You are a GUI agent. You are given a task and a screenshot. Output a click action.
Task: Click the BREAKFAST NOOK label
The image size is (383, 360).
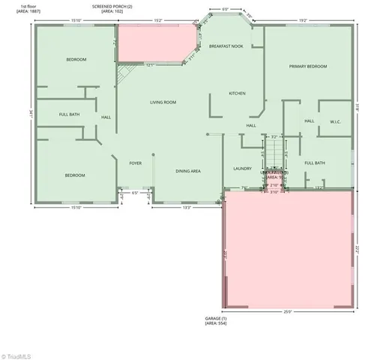pos(226,46)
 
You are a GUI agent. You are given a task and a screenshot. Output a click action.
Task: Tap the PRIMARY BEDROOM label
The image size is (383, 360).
pos(308,67)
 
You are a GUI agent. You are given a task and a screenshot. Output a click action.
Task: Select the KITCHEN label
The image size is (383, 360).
pos(237,93)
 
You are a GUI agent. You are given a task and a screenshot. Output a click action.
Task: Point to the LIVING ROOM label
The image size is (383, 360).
pos(163,102)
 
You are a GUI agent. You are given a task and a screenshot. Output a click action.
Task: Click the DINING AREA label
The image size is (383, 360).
pos(187,171)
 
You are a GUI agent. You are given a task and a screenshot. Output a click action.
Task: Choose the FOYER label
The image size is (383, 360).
pos(136,163)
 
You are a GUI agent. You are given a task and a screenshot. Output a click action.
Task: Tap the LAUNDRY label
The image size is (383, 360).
pos(241,169)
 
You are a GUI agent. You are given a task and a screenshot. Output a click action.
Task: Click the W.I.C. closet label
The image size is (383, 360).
pos(335,121)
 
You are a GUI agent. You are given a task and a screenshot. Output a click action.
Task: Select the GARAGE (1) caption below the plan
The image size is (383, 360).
pos(216,319)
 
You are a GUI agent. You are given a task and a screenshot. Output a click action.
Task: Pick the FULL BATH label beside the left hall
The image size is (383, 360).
pos(69,115)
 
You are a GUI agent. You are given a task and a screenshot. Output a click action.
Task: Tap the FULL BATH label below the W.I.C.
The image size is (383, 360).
pos(315,163)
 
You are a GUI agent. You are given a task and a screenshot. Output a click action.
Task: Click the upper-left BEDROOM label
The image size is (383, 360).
pos(76,59)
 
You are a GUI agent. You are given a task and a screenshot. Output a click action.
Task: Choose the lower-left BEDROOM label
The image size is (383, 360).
pos(74,175)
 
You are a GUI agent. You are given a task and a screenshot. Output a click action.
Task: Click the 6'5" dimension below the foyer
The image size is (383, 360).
pos(135,193)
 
